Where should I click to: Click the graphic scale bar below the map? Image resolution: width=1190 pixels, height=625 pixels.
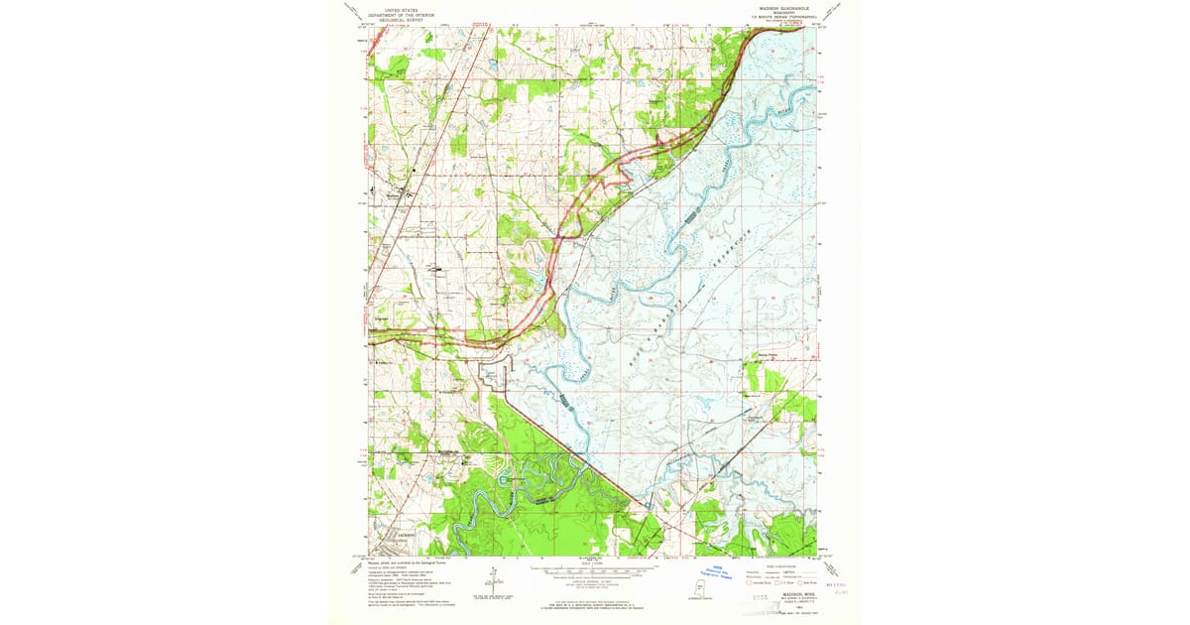pos(593,571)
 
